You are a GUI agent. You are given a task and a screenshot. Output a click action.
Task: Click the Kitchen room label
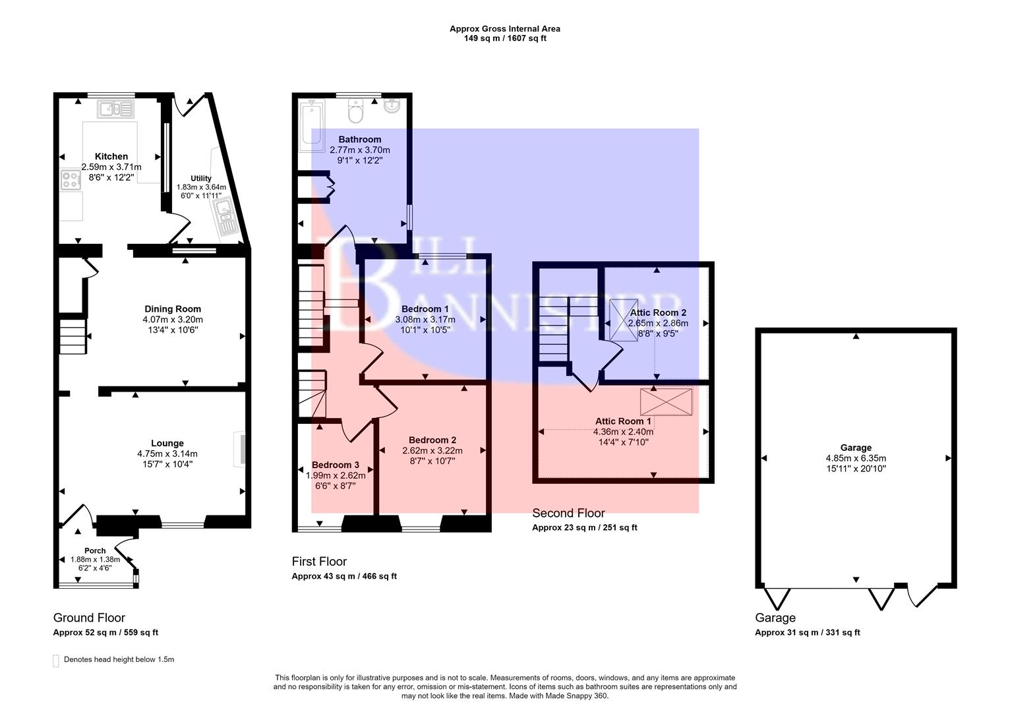tap(111, 156)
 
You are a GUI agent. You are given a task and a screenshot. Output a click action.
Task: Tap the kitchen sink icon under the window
tap(115, 109)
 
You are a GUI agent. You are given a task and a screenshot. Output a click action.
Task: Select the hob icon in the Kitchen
tap(70, 180)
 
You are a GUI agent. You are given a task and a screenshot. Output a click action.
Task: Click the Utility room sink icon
tap(226, 216)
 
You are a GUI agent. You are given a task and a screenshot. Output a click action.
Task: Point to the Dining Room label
tap(173, 309)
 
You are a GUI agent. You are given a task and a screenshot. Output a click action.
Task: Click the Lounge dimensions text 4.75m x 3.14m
tap(167, 454)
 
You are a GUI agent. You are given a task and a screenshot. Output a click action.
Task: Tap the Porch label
tap(95, 550)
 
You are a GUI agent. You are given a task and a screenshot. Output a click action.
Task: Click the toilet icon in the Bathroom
tap(355, 111)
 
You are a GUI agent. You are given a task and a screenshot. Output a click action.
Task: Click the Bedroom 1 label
tap(425, 309)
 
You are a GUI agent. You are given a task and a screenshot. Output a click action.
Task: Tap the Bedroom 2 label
tap(432, 440)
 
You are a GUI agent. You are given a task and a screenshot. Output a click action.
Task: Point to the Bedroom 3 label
tap(336, 465)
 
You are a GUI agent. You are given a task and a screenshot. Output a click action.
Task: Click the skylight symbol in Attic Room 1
tap(667, 401)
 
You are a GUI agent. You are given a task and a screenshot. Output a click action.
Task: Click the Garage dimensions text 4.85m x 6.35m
tap(856, 458)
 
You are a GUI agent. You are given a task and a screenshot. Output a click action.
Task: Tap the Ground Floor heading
tap(89, 618)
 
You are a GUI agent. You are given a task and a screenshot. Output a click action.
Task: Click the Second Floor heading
tap(568, 513)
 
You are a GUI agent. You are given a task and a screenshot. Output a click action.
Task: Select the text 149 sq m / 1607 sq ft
tap(505, 38)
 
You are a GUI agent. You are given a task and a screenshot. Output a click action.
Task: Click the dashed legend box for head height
tap(56, 661)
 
